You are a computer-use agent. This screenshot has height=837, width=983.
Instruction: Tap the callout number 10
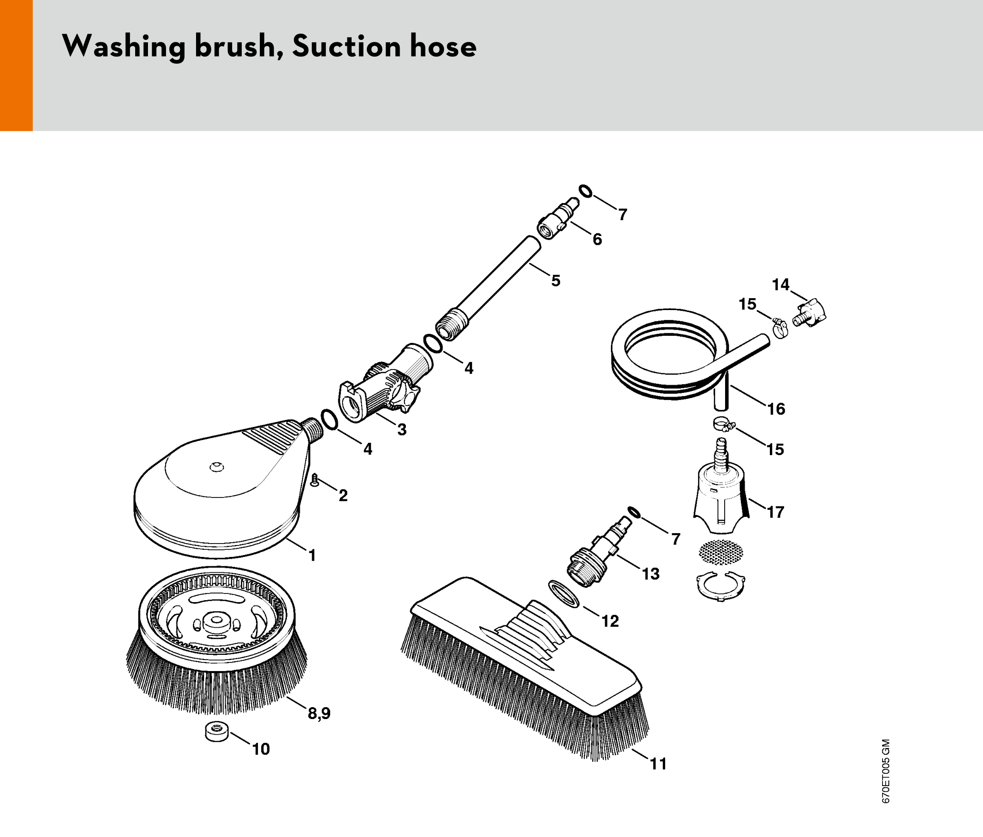coord(261,749)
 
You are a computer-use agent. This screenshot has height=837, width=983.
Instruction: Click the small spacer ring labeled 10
coord(216,731)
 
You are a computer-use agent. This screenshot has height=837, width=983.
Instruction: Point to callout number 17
coord(776,512)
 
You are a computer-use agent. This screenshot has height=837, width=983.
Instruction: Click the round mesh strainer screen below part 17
coord(720,553)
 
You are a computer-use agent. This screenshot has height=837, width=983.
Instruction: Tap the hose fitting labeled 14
coord(810,313)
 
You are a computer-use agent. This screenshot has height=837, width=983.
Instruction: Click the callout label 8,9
coord(319,713)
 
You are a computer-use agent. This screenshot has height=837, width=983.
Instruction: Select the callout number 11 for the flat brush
coord(659,764)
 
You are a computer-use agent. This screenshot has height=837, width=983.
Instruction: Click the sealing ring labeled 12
coord(564,593)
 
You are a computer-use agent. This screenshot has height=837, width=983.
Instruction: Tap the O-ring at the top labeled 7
coord(586,191)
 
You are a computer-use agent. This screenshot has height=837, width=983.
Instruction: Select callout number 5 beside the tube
coord(556,281)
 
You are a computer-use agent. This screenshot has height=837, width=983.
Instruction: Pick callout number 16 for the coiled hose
coord(776,409)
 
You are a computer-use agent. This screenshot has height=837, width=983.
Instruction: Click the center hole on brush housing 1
coord(217,467)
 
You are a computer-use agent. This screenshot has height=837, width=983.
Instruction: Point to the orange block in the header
coord(16,65)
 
